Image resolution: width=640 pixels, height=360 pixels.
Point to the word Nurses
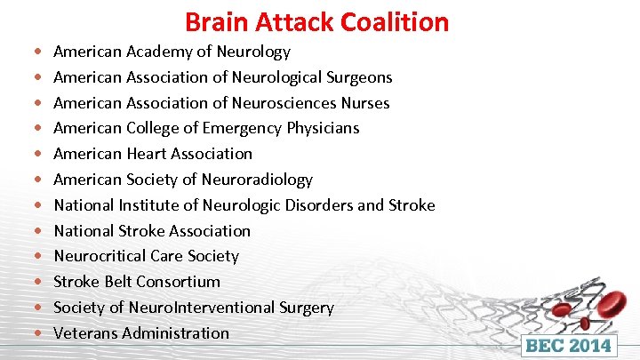(365, 102)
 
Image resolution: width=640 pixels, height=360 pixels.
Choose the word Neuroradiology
(256, 180)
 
